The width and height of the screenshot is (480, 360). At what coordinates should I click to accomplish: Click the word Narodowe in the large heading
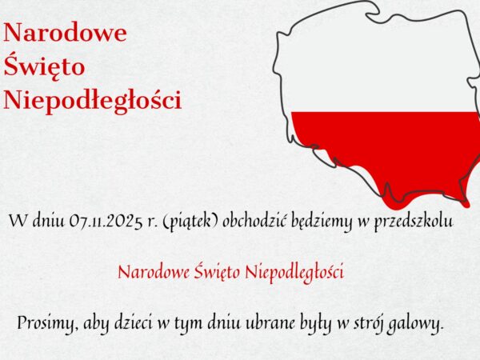[66, 33]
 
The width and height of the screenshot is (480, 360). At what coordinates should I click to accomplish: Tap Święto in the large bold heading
[45, 67]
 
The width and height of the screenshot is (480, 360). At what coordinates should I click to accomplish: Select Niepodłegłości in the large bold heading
[93, 101]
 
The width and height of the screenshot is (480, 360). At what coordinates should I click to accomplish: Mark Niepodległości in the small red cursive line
[296, 272]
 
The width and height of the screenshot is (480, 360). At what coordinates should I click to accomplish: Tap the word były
[331, 324]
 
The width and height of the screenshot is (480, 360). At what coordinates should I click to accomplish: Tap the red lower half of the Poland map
[384, 148]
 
